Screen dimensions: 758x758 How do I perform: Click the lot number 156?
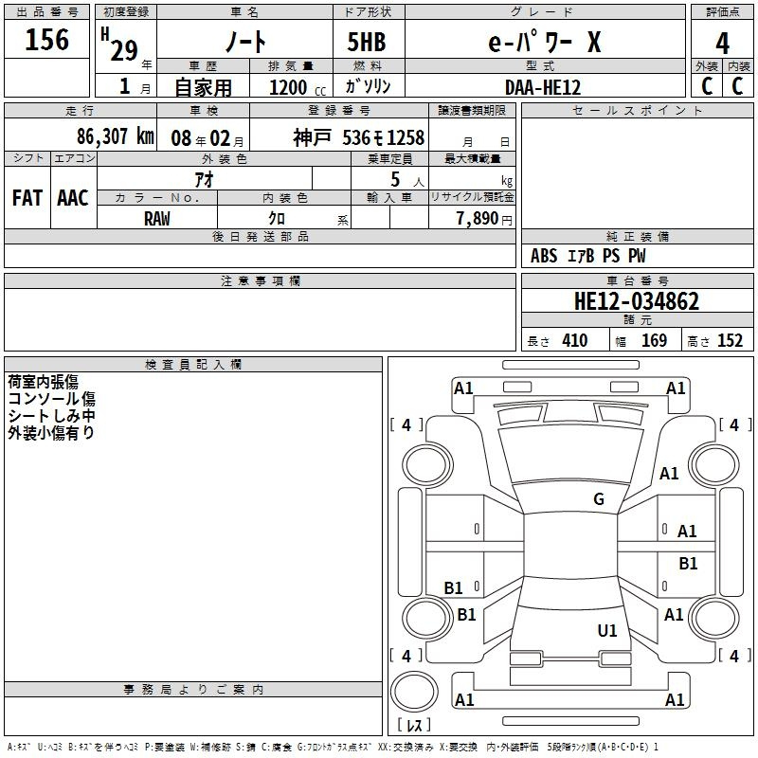tap(46, 40)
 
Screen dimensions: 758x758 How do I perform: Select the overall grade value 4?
tap(722, 44)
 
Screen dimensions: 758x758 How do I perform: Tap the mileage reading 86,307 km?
tap(116, 136)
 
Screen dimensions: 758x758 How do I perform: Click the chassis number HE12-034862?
tap(637, 301)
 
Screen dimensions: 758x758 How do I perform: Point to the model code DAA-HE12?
tap(543, 87)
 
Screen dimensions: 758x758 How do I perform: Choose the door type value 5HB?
tap(367, 42)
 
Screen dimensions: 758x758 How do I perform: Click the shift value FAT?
tap(27, 198)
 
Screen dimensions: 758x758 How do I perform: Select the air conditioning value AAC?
tap(73, 198)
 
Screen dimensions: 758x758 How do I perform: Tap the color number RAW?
tap(157, 219)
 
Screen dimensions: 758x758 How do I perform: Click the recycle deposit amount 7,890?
tap(478, 219)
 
